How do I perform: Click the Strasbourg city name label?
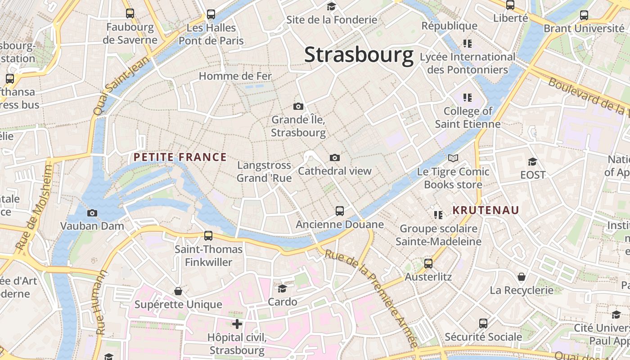coord(359,55)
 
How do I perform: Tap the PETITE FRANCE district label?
coord(180,157)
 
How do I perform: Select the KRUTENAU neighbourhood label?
coord(486,210)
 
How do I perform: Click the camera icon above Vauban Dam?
coord(92,213)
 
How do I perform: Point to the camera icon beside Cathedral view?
coord(334,157)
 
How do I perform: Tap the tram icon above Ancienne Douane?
coord(340,211)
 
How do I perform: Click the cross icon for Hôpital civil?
coord(237,324)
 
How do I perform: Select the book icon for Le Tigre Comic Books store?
coord(453,158)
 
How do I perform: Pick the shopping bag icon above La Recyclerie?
coord(522,276)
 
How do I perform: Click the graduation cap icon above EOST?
coord(532,162)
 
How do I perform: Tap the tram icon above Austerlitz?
coord(428,263)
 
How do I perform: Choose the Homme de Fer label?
coord(235,76)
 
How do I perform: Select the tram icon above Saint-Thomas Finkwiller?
coord(208,235)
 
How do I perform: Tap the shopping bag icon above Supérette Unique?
coord(178,291)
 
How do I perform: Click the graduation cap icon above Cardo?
coord(282,288)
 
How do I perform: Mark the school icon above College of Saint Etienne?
coord(468,97)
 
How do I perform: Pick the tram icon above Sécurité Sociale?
coord(483,323)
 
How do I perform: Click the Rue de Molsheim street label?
coord(35,207)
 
